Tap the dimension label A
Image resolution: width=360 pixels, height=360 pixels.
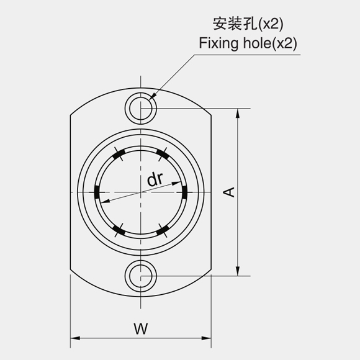(229, 192)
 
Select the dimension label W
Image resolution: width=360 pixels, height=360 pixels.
(141, 328)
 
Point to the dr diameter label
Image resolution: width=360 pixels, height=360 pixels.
(155, 179)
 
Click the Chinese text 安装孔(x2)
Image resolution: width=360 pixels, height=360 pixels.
(248, 24)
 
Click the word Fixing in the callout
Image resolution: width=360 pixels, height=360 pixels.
(218, 43)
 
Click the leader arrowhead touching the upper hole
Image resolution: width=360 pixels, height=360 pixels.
(153, 96)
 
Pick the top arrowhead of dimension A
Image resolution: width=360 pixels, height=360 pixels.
(238, 113)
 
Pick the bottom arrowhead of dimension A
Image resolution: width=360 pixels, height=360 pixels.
(238, 271)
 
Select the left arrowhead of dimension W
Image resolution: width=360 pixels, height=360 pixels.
(75, 338)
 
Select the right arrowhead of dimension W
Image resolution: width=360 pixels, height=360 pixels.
(206, 338)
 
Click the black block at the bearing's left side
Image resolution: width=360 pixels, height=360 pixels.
(97, 192)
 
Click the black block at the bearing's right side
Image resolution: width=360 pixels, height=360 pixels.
(184, 192)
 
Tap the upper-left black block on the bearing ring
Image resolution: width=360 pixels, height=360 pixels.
(119, 155)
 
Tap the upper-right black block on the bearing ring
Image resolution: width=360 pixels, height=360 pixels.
(163, 155)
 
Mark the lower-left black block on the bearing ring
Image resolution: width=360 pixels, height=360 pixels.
(119, 230)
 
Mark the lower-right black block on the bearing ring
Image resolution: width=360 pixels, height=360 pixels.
(163, 230)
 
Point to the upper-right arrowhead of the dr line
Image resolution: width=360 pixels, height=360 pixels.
(176, 184)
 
